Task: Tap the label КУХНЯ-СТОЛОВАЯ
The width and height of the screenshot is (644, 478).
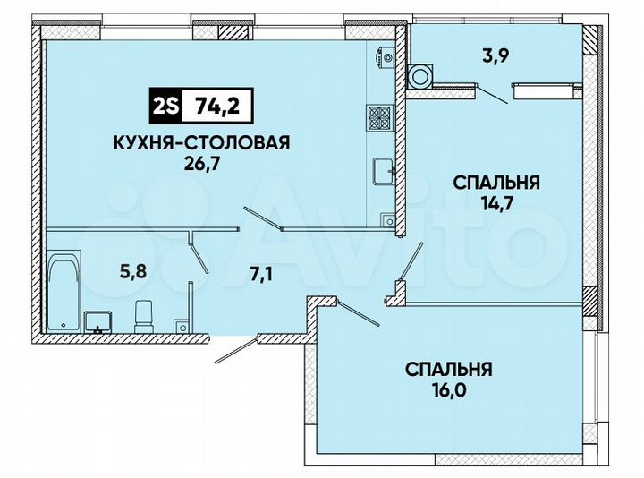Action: pos(203,142)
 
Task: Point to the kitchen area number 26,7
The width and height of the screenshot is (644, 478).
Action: pos(203,163)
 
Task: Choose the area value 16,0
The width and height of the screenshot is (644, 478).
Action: pos(449,389)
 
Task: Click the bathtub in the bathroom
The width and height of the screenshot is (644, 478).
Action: pos(64,288)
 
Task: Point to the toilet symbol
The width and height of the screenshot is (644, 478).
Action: pos(144,315)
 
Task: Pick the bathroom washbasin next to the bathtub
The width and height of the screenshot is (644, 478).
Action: pos(97,320)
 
